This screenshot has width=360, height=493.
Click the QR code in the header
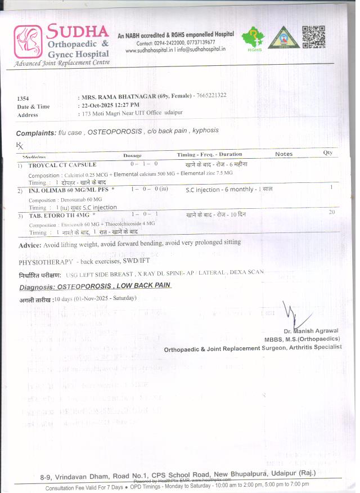tap(313, 37)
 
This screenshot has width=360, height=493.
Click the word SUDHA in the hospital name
tap(78, 30)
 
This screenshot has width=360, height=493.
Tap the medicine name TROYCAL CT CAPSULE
tap(62, 165)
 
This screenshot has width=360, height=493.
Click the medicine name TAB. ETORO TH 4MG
tap(60, 215)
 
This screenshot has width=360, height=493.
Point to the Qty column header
tap(327, 153)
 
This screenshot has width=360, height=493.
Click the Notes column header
tap(283, 154)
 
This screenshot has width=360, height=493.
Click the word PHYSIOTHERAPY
tap(45, 262)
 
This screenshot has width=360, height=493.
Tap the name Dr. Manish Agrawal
tap(311, 331)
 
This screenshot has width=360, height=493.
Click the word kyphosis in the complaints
tap(205, 131)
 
